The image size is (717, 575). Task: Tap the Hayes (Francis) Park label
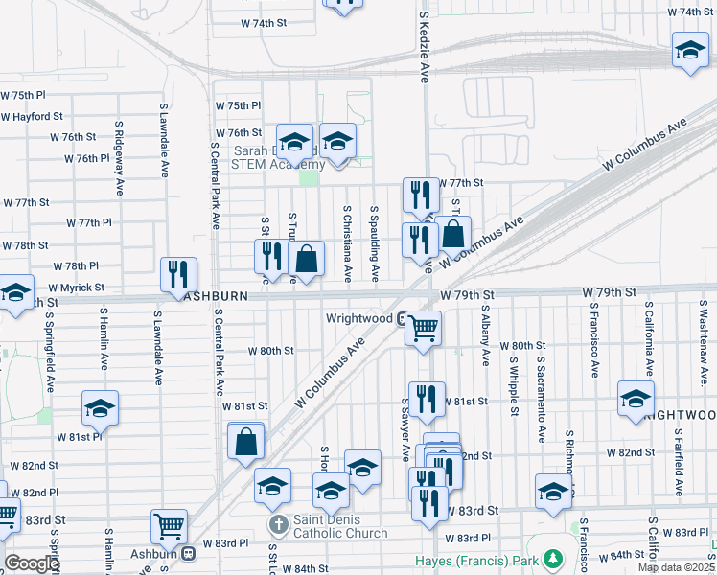click(x=478, y=559)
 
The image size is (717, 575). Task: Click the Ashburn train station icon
click(x=189, y=553)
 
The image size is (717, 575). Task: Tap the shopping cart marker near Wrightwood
click(x=423, y=328)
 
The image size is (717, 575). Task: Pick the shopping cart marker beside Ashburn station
click(x=169, y=526)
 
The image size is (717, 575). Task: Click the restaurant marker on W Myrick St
click(x=178, y=274)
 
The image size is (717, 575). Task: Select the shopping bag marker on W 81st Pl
click(x=246, y=441)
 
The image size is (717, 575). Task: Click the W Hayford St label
click(x=32, y=116)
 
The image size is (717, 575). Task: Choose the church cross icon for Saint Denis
click(x=278, y=525)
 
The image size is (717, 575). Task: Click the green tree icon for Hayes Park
click(x=552, y=558)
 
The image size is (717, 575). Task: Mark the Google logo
click(x=32, y=563)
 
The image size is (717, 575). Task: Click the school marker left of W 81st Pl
click(x=100, y=408)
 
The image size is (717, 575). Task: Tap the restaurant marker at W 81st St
click(x=427, y=399)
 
